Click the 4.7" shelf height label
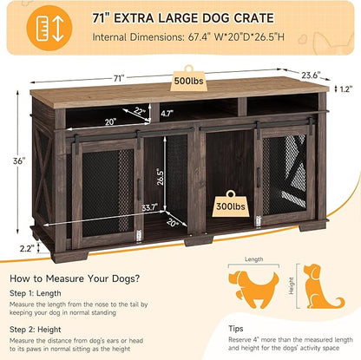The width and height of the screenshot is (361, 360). click(167, 112)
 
